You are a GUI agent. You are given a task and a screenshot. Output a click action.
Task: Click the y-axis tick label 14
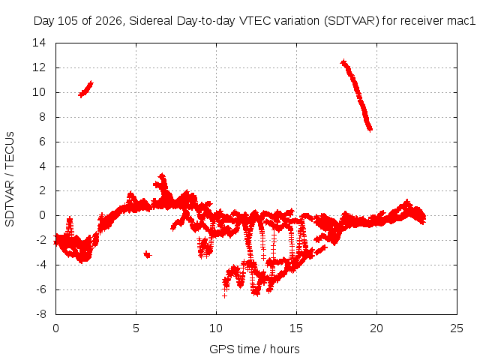pos(39,43)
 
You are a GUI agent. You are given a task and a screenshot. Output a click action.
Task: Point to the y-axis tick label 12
pos(39,67)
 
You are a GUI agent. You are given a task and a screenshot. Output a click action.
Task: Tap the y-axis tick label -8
pos(41,314)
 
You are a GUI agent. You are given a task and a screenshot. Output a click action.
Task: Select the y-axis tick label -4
pos(41,265)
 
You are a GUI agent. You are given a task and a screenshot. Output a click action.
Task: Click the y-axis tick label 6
pos(42,142)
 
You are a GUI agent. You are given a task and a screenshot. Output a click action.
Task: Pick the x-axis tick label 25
pos(457,328)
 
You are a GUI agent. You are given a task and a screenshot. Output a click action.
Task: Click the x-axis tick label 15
pos(296,328)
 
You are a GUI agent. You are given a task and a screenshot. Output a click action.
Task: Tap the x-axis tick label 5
pos(136,328)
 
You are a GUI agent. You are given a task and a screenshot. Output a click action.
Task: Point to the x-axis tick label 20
pos(376,328)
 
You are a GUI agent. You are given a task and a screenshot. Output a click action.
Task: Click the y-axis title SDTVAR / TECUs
pos(10,179)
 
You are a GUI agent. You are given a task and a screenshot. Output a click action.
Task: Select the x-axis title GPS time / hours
pos(254,349)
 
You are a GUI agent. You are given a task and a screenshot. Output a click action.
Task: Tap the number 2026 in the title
pos(108,21)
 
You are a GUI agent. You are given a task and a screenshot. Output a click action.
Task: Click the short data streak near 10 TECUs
pos(85,89)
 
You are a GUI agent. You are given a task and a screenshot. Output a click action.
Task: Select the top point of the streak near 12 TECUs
pos(343,61)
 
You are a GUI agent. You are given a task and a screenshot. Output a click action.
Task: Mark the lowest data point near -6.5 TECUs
pos(225,296)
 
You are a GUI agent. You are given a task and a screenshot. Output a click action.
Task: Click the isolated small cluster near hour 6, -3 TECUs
pos(148,254)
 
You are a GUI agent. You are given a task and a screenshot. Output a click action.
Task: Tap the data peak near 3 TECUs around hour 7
pos(162,176)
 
